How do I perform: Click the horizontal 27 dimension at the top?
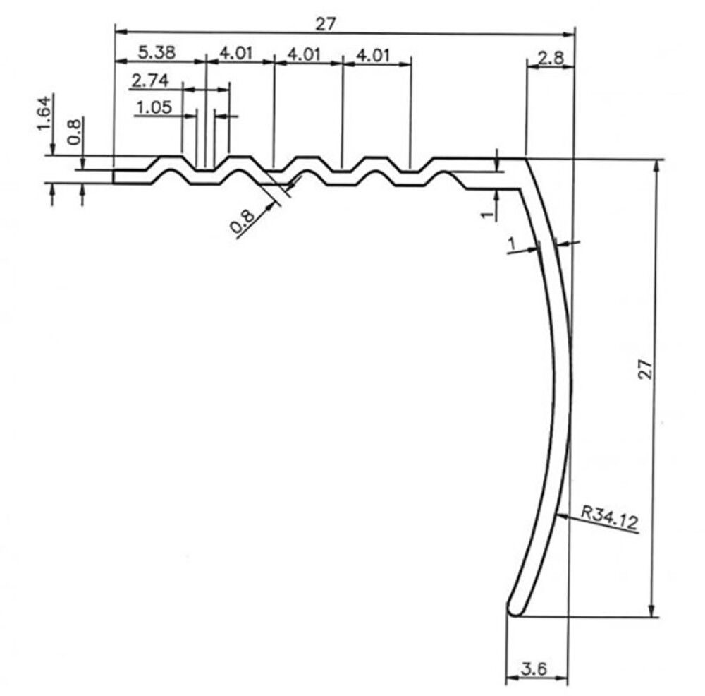click(x=324, y=23)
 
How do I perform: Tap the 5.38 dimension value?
click(x=157, y=52)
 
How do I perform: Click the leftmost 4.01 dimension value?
click(x=238, y=54)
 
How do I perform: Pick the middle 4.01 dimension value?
click(x=305, y=54)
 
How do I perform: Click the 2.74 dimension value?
click(x=149, y=80)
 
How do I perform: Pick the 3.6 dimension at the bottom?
click(x=535, y=668)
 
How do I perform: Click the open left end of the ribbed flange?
click(x=114, y=176)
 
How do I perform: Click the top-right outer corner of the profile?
click(x=527, y=158)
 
